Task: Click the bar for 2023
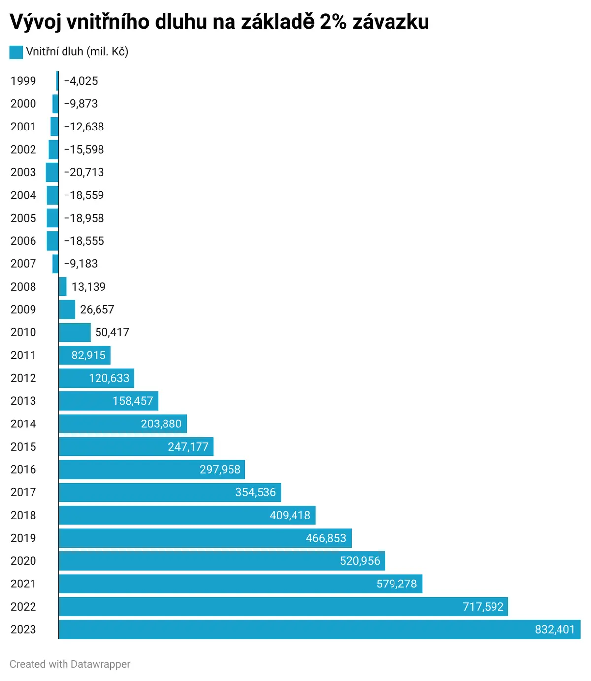(x=320, y=629)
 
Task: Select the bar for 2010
(x=74, y=332)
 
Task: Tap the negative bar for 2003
(x=52, y=172)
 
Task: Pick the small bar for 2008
(x=63, y=286)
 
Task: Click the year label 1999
(x=23, y=81)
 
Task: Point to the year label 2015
(x=23, y=446)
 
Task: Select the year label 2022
(x=23, y=607)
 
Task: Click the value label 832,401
(x=555, y=629)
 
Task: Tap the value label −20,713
(x=84, y=172)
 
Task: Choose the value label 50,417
(x=112, y=332)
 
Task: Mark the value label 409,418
(x=290, y=515)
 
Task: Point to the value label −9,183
(x=81, y=263)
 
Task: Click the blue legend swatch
(x=16, y=52)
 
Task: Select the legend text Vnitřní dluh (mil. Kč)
(x=77, y=52)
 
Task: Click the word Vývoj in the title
(x=35, y=22)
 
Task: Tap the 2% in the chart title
(x=333, y=22)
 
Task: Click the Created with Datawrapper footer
(x=69, y=664)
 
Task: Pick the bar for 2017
(x=170, y=492)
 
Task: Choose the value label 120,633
(x=109, y=378)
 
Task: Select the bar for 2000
(x=55, y=103)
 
